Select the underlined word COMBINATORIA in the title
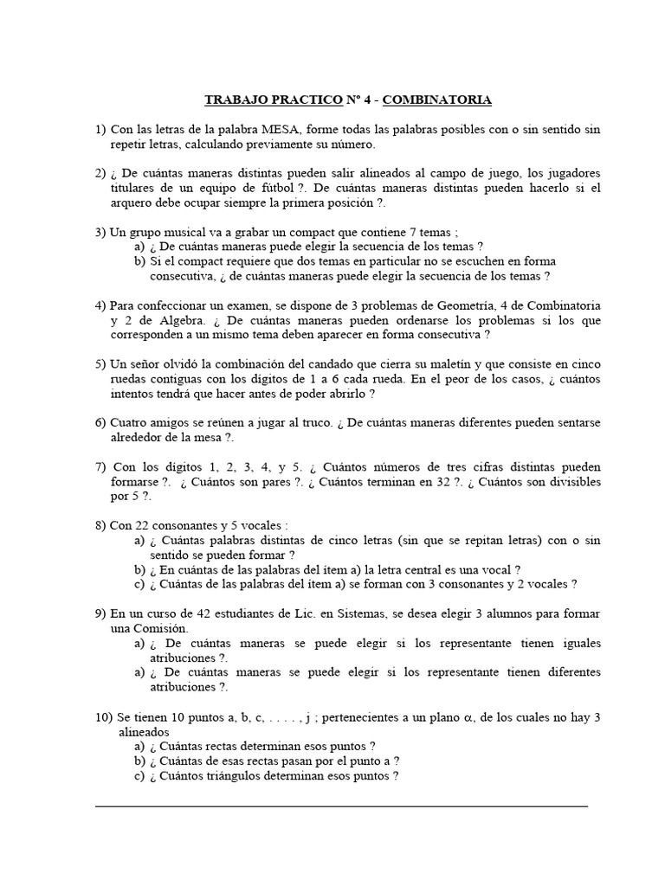coord(436,100)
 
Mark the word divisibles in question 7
coord(571,482)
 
